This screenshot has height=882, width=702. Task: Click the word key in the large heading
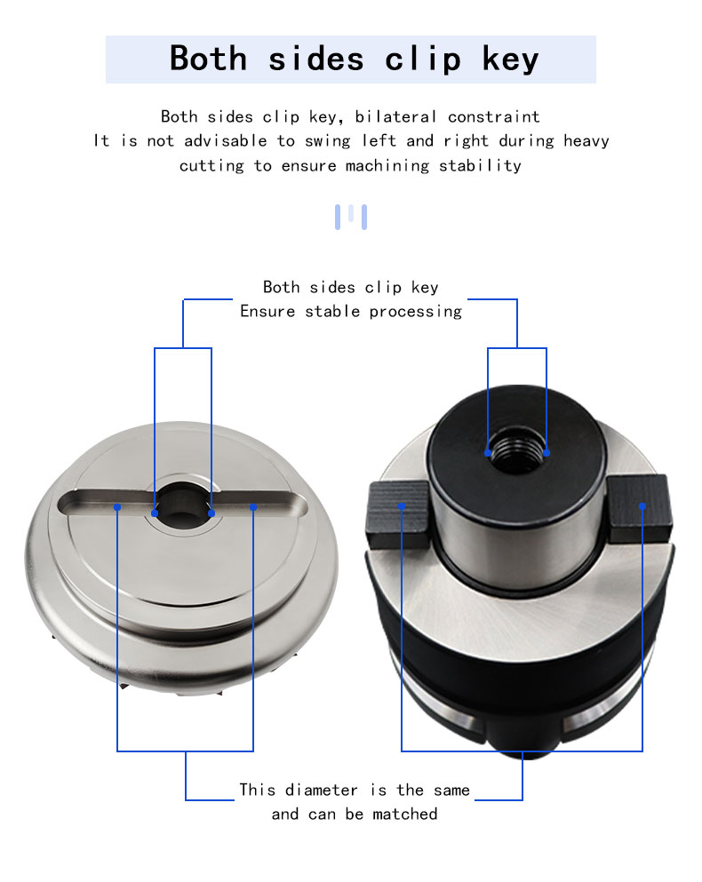[511, 59]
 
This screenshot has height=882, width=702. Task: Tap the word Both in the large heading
[208, 58]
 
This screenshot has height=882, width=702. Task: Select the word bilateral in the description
[395, 116]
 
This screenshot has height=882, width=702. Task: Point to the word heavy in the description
[586, 140]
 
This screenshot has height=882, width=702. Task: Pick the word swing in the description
[327, 141]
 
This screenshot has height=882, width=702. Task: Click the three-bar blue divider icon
[351, 217]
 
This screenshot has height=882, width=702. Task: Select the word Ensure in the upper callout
[267, 311]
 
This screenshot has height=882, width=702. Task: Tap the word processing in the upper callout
[416, 312]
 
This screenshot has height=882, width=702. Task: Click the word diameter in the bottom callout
[321, 790]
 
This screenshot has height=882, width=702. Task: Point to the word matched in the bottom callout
[405, 814]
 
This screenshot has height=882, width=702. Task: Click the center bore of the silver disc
[183, 505]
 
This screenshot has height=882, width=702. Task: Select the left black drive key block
[398, 514]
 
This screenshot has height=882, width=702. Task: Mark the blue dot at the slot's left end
[117, 507]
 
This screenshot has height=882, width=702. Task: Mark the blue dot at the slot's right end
[253, 507]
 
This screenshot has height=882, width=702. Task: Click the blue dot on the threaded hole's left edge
[488, 453]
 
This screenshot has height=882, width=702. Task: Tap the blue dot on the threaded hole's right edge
[546, 453]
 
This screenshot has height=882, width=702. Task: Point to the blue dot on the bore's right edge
[211, 513]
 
